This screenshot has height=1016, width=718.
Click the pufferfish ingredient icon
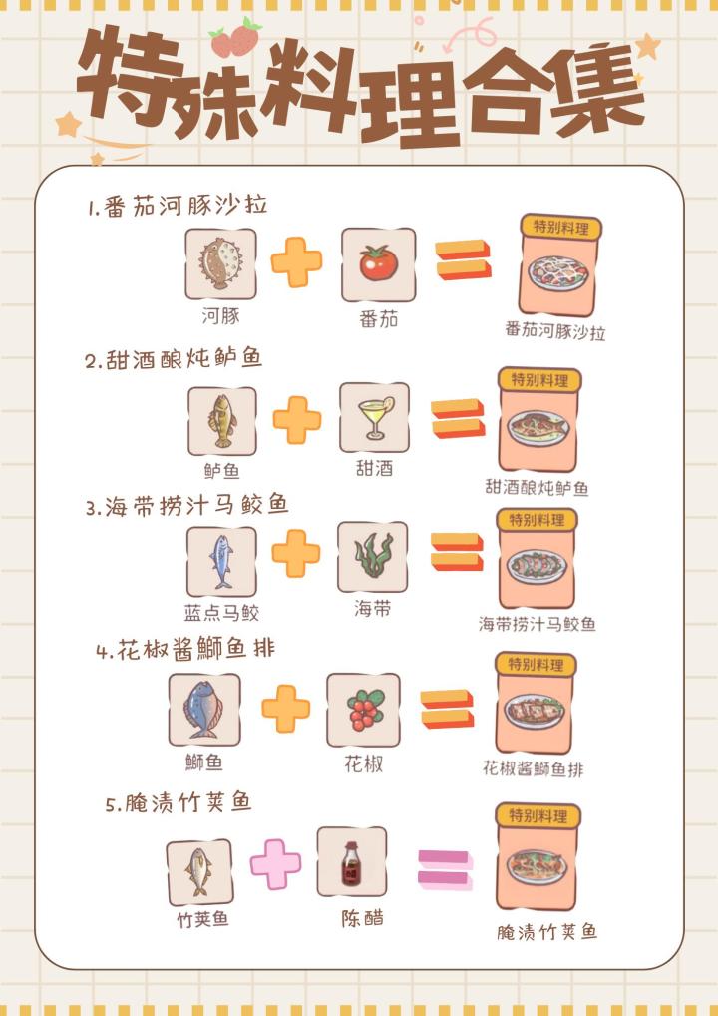click(220, 263)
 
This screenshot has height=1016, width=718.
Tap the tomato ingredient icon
click(378, 264)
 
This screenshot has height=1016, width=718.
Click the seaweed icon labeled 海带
click(373, 557)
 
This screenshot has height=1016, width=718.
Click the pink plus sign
click(275, 863)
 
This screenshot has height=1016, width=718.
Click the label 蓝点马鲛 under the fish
click(222, 613)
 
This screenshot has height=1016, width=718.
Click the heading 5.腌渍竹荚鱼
click(179, 803)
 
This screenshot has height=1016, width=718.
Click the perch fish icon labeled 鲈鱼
click(222, 421)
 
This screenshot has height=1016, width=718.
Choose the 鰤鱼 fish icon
click(204, 710)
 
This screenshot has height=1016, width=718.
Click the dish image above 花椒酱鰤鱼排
click(535, 712)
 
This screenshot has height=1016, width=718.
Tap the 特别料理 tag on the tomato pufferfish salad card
click(560, 227)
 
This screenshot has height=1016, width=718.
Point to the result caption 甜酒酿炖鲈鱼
click(537, 487)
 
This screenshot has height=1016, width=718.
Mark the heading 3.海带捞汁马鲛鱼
click(186, 506)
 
